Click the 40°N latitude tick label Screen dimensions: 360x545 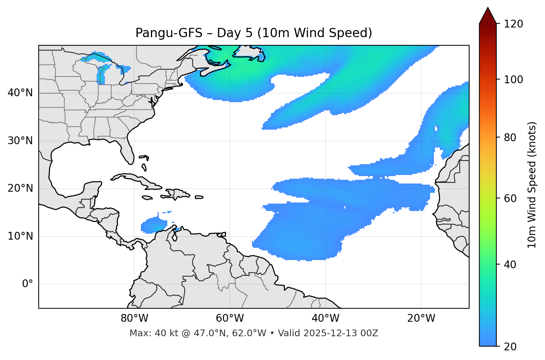[x=20, y=93]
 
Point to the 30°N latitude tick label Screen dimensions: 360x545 [x=20, y=141]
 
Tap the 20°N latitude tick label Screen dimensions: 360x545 [x=20, y=188]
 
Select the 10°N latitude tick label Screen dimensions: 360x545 [x=20, y=236]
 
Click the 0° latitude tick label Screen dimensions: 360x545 [x=28, y=284]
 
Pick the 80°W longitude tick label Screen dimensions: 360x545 [x=134, y=318]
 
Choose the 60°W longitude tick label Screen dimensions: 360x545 [x=230, y=318]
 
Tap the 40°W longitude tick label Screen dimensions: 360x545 [x=325, y=318]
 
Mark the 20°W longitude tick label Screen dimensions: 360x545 [x=421, y=318]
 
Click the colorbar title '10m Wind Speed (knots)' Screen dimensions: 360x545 [x=532, y=185]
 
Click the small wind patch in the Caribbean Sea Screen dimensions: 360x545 [x=153, y=225]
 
